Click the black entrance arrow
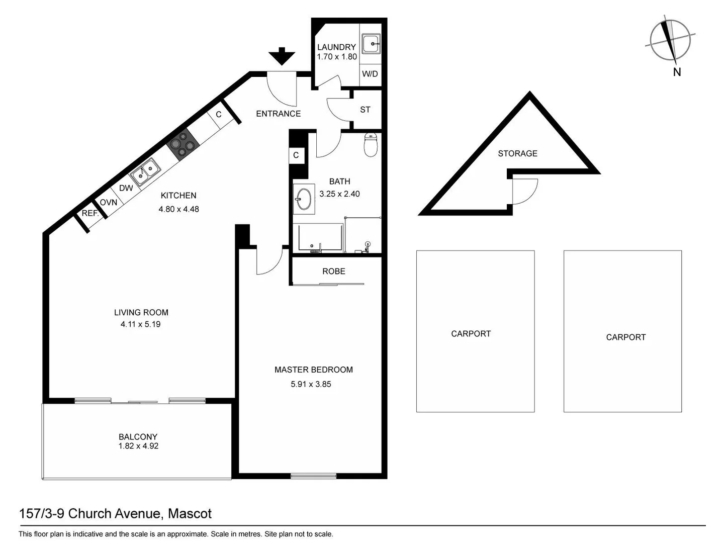[x=282, y=56]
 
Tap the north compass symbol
[x=671, y=40]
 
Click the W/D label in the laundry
[x=370, y=74]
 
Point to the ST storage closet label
[x=365, y=110]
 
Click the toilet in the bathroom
[x=371, y=144]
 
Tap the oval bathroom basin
[x=303, y=199]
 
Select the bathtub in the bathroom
[x=318, y=237]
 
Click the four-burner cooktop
[x=183, y=144]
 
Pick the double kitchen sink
[x=145, y=171]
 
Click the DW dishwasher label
[x=126, y=188]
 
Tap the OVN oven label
[x=109, y=203]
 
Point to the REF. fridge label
[x=90, y=213]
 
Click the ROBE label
[x=333, y=271]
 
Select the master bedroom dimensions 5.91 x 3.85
[x=311, y=384]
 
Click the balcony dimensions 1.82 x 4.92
[x=138, y=446]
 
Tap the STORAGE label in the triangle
[x=517, y=153]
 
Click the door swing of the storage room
[x=523, y=191]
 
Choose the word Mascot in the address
[x=190, y=514]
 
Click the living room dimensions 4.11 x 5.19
[x=140, y=324]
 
